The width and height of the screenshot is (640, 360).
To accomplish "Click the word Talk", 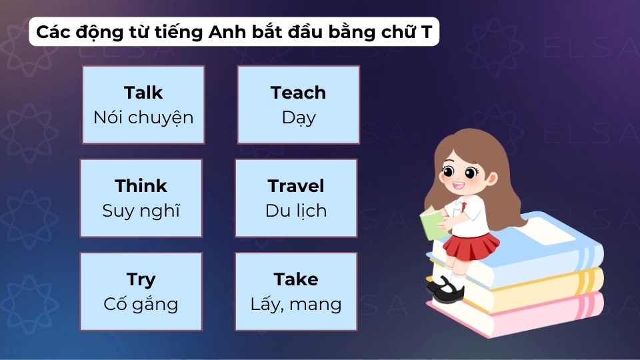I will click(x=143, y=93).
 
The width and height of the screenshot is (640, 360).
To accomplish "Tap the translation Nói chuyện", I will click(x=143, y=118).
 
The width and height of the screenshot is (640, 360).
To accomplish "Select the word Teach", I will click(x=298, y=93).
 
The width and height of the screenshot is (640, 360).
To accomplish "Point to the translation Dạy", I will click(x=298, y=119).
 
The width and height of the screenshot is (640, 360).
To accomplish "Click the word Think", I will click(x=141, y=185).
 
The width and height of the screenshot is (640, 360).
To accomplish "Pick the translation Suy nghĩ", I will click(x=141, y=211).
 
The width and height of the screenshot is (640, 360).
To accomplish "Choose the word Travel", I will click(x=296, y=185).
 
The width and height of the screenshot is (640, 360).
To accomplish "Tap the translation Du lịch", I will click(x=296, y=211).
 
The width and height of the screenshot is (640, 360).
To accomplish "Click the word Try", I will click(x=141, y=279).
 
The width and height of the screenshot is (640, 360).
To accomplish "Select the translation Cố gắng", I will click(x=141, y=305).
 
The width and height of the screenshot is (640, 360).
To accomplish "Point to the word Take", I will click(x=296, y=279).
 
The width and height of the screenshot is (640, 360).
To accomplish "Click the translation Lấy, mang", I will click(x=296, y=305).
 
